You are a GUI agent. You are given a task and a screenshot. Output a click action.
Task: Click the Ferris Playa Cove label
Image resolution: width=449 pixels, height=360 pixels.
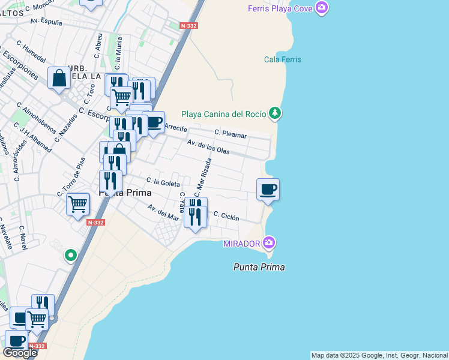282,8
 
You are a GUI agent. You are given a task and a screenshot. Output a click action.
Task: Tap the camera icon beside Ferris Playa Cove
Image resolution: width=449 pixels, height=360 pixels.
322,8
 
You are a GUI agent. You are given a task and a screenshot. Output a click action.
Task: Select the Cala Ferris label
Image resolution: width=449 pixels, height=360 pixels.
283,59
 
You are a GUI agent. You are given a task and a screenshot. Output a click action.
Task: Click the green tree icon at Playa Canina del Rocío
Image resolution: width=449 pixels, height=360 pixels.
274,113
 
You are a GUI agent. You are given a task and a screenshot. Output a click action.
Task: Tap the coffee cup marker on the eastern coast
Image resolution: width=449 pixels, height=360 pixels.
268,190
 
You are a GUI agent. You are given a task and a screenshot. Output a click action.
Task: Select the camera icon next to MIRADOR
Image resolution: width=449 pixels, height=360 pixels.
269,243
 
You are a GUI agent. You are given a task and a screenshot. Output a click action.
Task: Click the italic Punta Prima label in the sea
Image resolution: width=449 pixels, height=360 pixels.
259,267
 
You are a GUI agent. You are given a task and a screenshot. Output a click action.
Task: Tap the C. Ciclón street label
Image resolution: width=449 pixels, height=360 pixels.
226,216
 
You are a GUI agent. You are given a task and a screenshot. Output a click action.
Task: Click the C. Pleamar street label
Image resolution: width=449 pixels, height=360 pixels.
231,134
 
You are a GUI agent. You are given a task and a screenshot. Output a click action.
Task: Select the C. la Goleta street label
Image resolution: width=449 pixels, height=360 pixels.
162,182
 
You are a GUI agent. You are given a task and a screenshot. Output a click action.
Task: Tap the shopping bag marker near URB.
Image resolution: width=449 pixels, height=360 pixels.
59,79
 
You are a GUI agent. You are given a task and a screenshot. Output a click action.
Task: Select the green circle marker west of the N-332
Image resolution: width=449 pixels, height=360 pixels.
71,256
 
